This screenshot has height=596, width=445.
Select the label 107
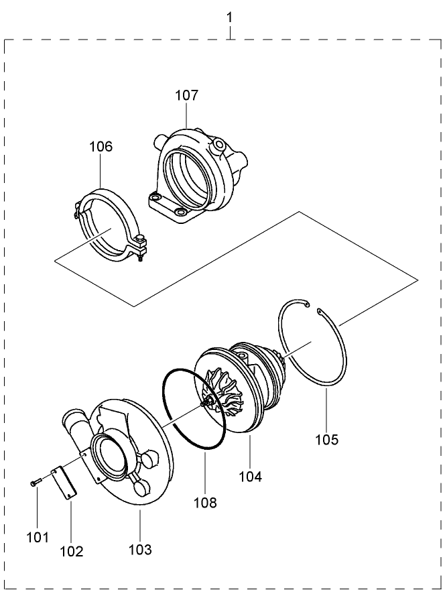[187, 95]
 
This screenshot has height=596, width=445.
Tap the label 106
[101, 146]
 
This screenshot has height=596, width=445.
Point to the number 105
[327, 440]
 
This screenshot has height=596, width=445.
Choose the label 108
[206, 502]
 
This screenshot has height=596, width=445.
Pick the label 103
[140, 550]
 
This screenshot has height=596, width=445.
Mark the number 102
[72, 552]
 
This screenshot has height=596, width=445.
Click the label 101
[38, 537]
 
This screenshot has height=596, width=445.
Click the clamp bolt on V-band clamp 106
[141, 251]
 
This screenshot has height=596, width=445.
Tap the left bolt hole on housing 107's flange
[155, 198]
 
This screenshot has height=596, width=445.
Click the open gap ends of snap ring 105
[313, 308]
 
